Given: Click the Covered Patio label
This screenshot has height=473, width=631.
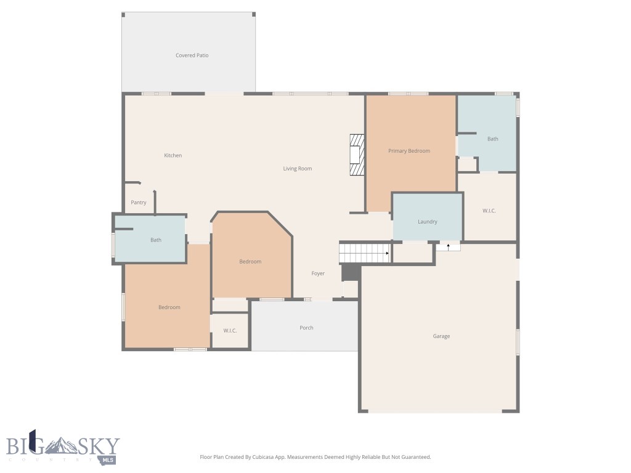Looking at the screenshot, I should (192, 55).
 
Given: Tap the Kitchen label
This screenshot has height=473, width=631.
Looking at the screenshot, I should (173, 155).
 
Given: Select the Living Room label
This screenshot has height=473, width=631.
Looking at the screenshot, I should (297, 168).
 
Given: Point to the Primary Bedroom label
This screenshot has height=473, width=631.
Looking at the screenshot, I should (409, 151).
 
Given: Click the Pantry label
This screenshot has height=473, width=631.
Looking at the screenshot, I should (139, 203).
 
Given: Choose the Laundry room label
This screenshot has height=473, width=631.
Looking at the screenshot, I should (427, 222).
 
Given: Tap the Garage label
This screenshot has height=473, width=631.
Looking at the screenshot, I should (441, 336).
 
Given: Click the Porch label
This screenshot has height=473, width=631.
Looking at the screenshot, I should (306, 328).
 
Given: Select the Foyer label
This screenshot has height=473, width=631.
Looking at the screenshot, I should (318, 273).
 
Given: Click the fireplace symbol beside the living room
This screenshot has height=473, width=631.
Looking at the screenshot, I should (356, 155).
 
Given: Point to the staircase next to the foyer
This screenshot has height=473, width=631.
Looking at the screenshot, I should (365, 253).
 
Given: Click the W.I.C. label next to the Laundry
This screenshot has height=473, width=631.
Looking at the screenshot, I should (489, 211).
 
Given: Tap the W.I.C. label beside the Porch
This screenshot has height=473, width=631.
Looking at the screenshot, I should (230, 331).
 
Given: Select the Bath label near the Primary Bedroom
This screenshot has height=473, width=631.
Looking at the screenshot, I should (492, 139).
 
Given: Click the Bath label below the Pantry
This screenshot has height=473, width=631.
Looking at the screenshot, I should (156, 240).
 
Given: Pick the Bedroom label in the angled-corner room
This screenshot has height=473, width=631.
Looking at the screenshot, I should (250, 262).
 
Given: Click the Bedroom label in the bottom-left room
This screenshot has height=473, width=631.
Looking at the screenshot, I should (169, 307).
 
